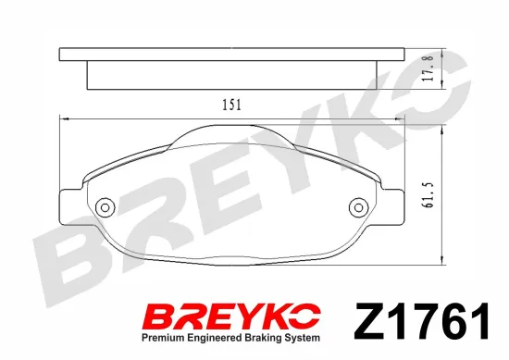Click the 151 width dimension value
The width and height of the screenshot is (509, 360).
click(231, 105)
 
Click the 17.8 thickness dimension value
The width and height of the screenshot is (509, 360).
click(428, 68)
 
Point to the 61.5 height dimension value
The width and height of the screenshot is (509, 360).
click(428, 194)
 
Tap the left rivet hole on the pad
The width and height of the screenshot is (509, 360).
click(105, 207)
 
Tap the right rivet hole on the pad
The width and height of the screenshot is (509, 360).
click(358, 207)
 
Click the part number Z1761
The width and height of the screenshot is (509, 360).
click(422, 321)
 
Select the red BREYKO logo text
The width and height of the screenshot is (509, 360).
click(231, 316)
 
